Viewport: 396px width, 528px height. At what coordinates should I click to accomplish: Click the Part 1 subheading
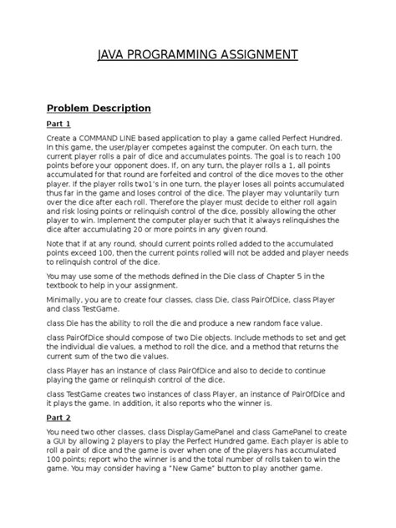(x=58, y=124)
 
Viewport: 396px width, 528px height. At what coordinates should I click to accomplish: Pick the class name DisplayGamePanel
(x=190, y=430)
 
